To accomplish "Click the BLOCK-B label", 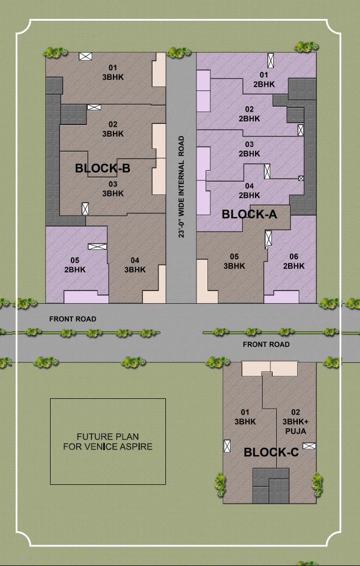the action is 103,168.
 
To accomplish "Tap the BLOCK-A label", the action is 250,215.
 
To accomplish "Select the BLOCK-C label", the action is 271,453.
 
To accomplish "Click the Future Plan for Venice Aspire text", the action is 107,442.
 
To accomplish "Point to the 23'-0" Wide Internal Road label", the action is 181,187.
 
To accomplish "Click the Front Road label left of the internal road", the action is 73,319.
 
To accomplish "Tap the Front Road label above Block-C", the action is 266,345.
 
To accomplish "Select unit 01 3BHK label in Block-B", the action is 113,72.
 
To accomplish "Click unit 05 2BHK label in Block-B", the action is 75,265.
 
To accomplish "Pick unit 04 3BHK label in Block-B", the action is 135,265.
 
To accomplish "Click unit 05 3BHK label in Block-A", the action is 234,261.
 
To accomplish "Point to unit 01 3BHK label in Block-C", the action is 245,417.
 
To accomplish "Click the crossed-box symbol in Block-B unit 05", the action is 98,246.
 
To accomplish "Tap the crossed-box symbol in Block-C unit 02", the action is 309,446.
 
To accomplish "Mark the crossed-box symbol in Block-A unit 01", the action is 270,60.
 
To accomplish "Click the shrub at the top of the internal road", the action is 179,52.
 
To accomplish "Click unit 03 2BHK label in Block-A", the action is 249,149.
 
